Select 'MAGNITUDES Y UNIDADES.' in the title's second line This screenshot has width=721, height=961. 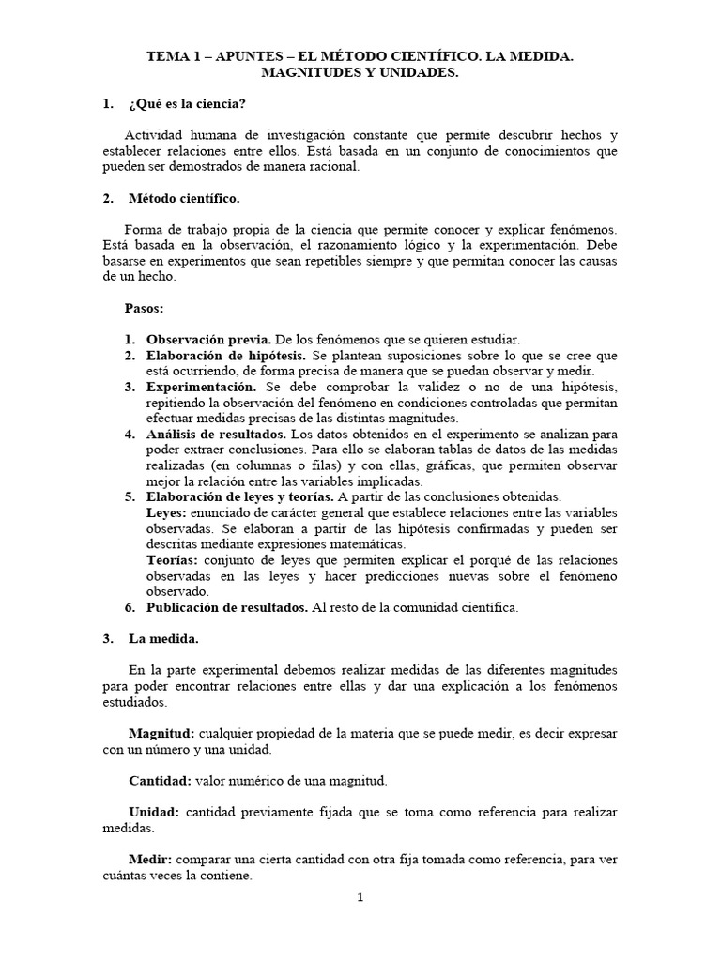coord(360,73)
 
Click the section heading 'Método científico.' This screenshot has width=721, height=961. coord(183,199)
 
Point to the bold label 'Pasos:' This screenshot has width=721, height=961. coord(144,308)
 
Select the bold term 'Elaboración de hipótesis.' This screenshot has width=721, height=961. coord(225,356)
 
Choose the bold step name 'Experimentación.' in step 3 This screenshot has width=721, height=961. coord(201,387)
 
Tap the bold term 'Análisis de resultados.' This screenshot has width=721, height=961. coord(217,434)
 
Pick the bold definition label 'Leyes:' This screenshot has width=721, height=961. coord(167,512)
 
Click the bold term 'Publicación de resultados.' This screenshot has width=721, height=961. coord(227,607)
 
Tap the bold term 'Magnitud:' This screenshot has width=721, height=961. coord(161,733)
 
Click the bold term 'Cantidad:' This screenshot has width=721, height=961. coord(160,780)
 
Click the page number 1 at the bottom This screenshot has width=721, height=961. coord(360,898)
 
